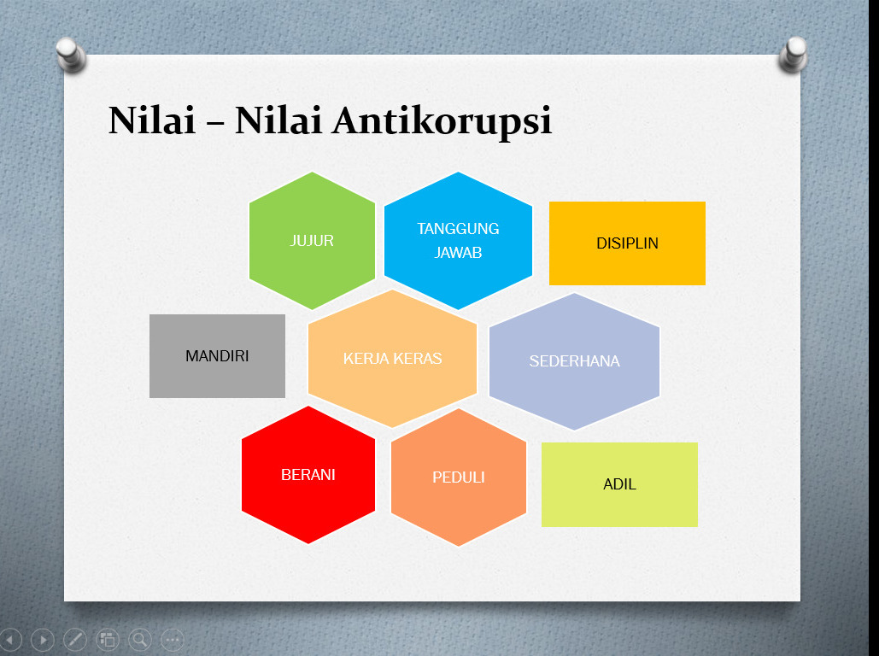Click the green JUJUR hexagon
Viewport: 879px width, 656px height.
[x=313, y=241]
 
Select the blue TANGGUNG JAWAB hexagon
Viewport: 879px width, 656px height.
[x=458, y=241]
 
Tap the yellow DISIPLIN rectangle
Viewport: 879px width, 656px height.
[x=627, y=243]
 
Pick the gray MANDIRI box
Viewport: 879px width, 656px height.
[x=218, y=356]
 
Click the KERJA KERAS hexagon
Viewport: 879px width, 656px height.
[x=392, y=358]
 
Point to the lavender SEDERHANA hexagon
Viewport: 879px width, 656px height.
[x=575, y=361]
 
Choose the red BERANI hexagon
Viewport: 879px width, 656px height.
[x=308, y=475]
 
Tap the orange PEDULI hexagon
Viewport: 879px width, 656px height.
[x=459, y=477]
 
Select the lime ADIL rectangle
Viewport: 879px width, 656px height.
[x=619, y=484]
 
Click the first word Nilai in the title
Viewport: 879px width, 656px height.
[x=152, y=120]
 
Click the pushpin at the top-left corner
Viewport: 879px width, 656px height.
[x=71, y=55]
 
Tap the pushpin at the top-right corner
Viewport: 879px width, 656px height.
[x=794, y=55]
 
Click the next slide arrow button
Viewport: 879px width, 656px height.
[x=43, y=639]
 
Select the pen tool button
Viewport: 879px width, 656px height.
[x=75, y=639]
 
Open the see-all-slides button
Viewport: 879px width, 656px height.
[x=108, y=639]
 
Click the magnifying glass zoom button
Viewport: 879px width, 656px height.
[x=140, y=639]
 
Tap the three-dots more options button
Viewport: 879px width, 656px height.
[x=173, y=639]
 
